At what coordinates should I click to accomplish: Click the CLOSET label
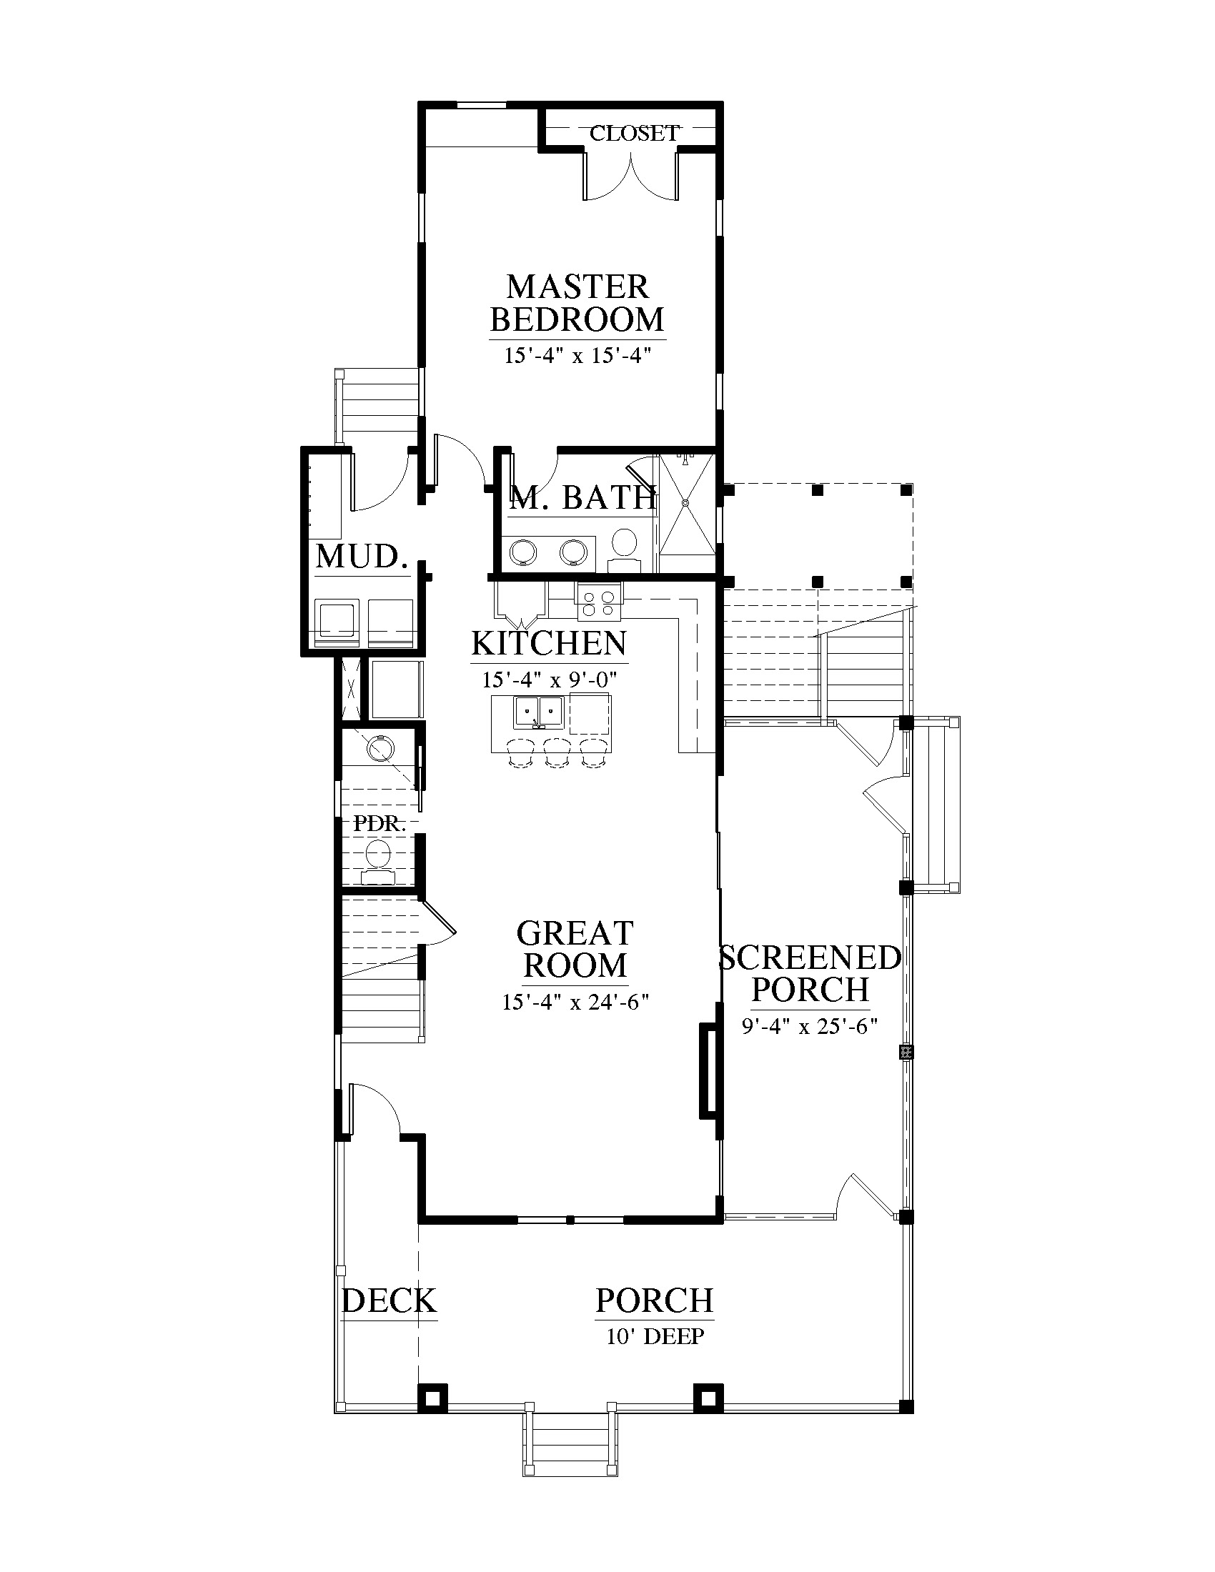[634, 133]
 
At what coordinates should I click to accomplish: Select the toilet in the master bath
[623, 552]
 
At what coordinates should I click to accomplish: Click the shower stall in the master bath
[688, 513]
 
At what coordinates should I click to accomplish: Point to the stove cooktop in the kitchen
[598, 602]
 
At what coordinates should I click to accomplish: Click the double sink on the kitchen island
[537, 712]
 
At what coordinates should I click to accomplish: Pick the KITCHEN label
[549, 644]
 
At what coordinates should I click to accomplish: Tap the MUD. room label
[358, 557]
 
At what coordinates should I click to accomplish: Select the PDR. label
[380, 823]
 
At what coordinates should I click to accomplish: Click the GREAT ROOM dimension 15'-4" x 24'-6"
[576, 1002]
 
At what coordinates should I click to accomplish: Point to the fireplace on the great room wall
[708, 1070]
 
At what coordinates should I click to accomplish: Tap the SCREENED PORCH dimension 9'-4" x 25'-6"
[810, 1025]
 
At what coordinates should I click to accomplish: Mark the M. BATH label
[583, 498]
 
